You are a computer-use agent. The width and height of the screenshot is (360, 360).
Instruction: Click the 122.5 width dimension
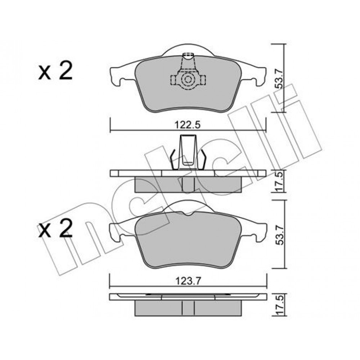(x=188, y=125)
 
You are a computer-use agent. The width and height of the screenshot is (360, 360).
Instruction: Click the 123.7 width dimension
(x=188, y=281)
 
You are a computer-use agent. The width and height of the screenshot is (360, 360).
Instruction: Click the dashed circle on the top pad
(x=188, y=80)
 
